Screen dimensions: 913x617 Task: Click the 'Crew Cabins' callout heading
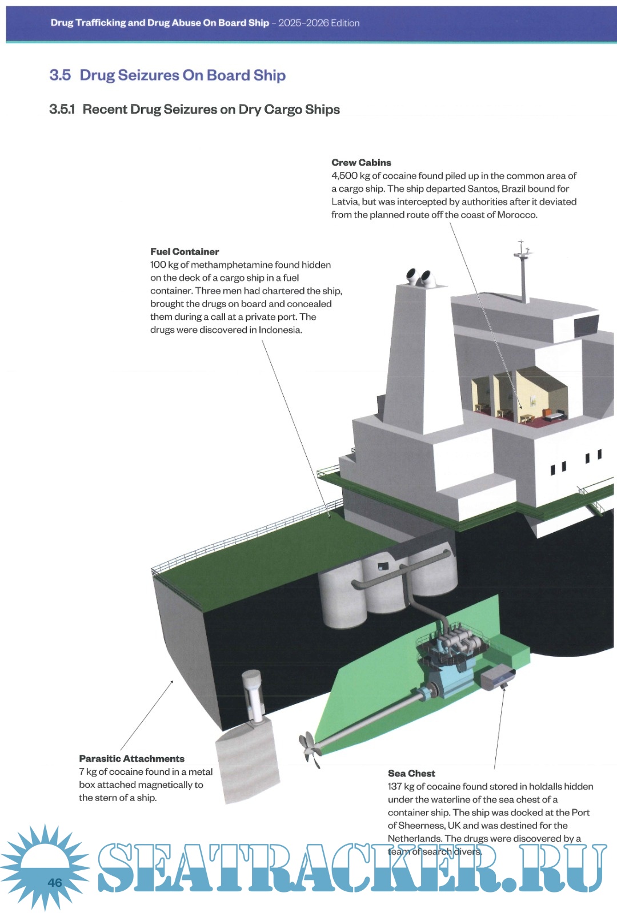point(361,163)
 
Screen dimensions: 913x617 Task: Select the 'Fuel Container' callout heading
point(185,252)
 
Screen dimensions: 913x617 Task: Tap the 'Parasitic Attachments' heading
point(131,759)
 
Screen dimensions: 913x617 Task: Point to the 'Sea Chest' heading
point(411,774)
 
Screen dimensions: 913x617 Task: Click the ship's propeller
point(309,747)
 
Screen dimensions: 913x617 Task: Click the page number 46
point(55,883)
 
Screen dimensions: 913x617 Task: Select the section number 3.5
point(60,75)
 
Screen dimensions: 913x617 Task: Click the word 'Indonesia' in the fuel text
point(279,330)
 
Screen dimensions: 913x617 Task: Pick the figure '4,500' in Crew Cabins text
point(344,176)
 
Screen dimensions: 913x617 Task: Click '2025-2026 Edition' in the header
point(319,23)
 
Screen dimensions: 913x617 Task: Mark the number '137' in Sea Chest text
point(395,787)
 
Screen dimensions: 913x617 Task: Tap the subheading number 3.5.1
point(62,110)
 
